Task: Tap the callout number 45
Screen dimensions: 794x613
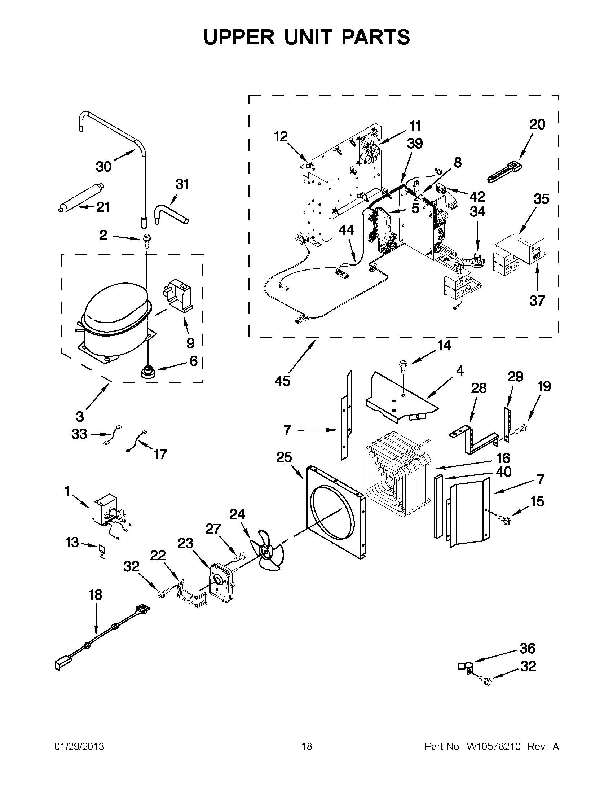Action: pos(283,381)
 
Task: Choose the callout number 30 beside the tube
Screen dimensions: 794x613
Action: pos(103,167)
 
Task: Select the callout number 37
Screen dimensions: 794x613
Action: pos(537,301)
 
